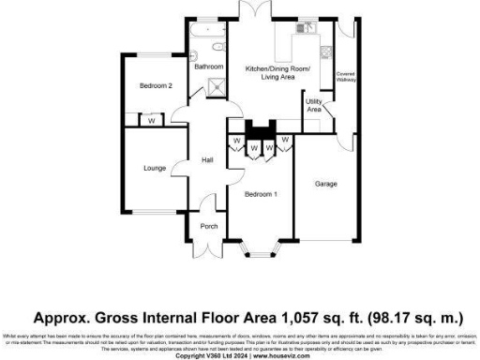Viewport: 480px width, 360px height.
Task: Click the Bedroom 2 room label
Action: tap(157, 86)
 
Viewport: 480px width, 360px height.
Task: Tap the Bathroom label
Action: tap(208, 67)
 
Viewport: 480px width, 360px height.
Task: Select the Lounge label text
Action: tap(155, 169)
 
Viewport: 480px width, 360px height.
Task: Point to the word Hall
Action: tap(208, 160)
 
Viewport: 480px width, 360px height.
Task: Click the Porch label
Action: tap(208, 226)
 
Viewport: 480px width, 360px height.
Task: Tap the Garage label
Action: tap(325, 184)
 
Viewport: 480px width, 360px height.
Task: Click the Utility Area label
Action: tap(314, 105)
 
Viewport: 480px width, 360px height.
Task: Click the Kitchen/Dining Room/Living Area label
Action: tap(271, 73)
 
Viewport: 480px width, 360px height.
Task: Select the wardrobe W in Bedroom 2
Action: tap(151, 120)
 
